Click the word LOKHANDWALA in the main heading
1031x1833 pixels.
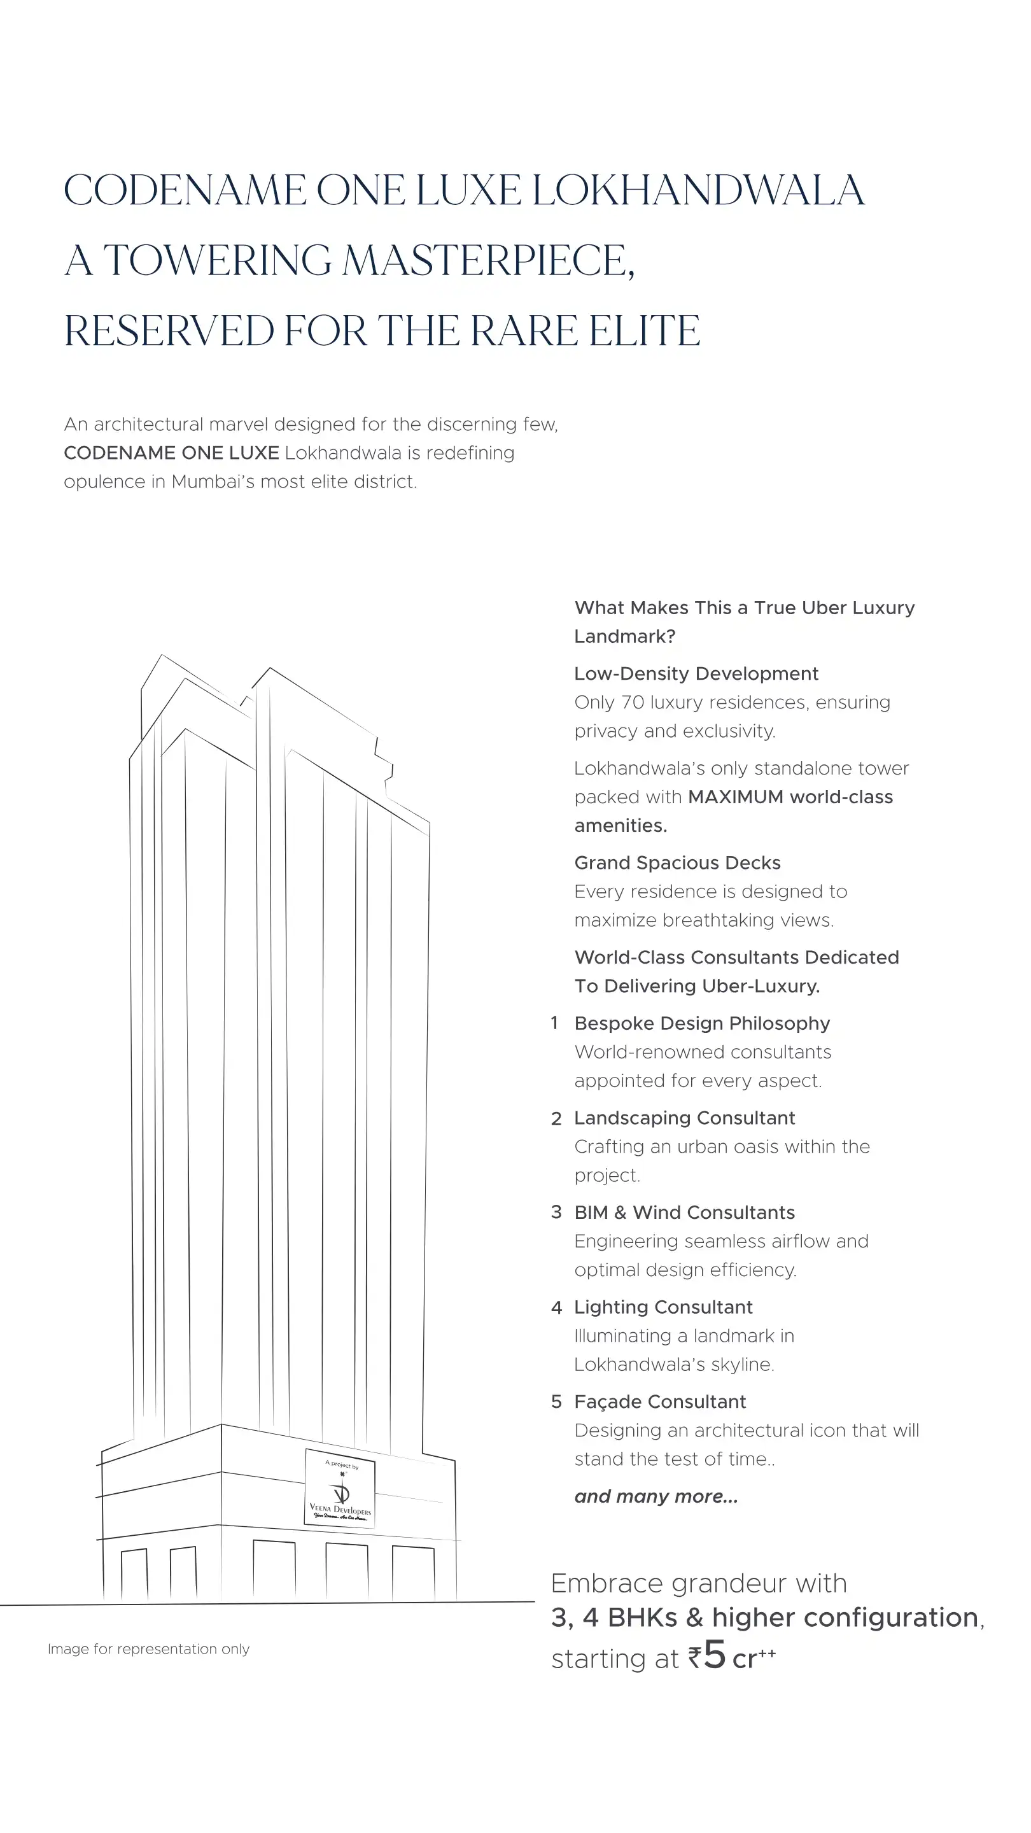click(x=698, y=191)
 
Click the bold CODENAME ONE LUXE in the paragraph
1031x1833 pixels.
click(x=171, y=453)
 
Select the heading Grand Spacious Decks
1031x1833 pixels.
click(x=677, y=863)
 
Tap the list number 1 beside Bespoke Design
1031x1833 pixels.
click(x=554, y=1023)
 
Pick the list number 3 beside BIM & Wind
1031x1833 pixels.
click(x=556, y=1212)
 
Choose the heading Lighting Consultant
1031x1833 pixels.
click(x=663, y=1307)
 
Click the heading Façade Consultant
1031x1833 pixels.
click(x=659, y=1401)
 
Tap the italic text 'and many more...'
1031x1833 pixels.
click(x=656, y=1496)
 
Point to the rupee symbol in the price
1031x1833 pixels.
click(x=694, y=1658)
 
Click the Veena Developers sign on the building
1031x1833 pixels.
click(x=340, y=1487)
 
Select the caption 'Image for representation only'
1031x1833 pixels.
click(x=148, y=1648)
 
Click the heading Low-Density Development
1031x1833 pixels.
click(x=696, y=674)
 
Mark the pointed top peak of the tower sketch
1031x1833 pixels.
click(x=162, y=656)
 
